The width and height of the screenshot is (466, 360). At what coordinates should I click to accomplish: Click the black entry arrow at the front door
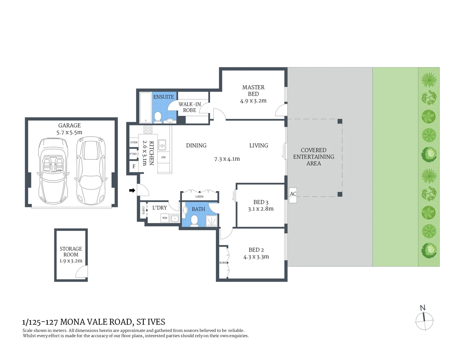[x=132, y=190]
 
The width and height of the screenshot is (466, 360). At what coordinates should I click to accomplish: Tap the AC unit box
[x=293, y=194]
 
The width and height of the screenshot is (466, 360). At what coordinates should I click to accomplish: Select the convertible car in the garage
[x=53, y=170]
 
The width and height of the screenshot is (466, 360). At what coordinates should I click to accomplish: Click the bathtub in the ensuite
[x=145, y=108]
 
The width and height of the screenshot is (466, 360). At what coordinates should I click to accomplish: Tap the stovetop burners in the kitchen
[x=148, y=130]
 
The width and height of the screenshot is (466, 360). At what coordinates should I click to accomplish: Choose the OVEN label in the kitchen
[x=134, y=142]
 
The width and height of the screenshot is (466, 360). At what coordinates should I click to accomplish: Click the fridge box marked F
[x=134, y=166]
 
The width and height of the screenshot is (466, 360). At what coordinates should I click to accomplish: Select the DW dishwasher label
[x=163, y=157]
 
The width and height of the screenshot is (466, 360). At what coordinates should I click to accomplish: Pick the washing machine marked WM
[x=165, y=218]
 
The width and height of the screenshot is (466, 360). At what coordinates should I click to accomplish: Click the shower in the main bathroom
[x=211, y=221]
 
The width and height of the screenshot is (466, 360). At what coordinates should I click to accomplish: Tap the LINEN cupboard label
[x=199, y=197]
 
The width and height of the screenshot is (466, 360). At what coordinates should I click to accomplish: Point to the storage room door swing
[x=82, y=272]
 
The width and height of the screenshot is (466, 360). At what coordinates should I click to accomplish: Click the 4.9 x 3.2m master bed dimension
[x=253, y=101]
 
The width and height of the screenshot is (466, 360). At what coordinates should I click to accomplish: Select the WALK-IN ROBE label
[x=190, y=107]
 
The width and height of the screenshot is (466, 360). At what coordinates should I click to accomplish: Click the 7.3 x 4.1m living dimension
[x=227, y=159]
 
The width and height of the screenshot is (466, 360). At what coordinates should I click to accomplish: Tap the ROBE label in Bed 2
[x=222, y=263]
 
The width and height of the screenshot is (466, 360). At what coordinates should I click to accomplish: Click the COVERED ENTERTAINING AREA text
[x=313, y=157]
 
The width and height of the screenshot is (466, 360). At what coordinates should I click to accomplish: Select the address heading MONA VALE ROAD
[x=94, y=322]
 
